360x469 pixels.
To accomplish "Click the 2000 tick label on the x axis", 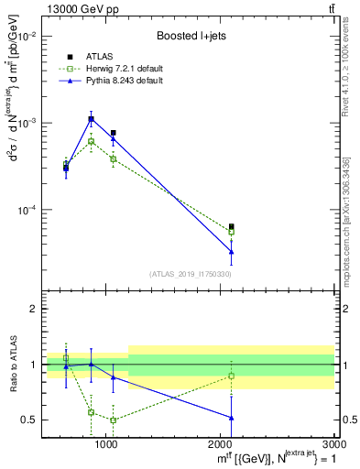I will tap(221, 444).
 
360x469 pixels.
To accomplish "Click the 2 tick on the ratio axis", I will tap(32, 309).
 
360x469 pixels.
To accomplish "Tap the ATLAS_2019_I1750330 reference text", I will tap(191, 274).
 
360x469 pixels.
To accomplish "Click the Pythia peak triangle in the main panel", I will tap(91, 120).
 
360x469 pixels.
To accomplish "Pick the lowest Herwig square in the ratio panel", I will tap(113, 420).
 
